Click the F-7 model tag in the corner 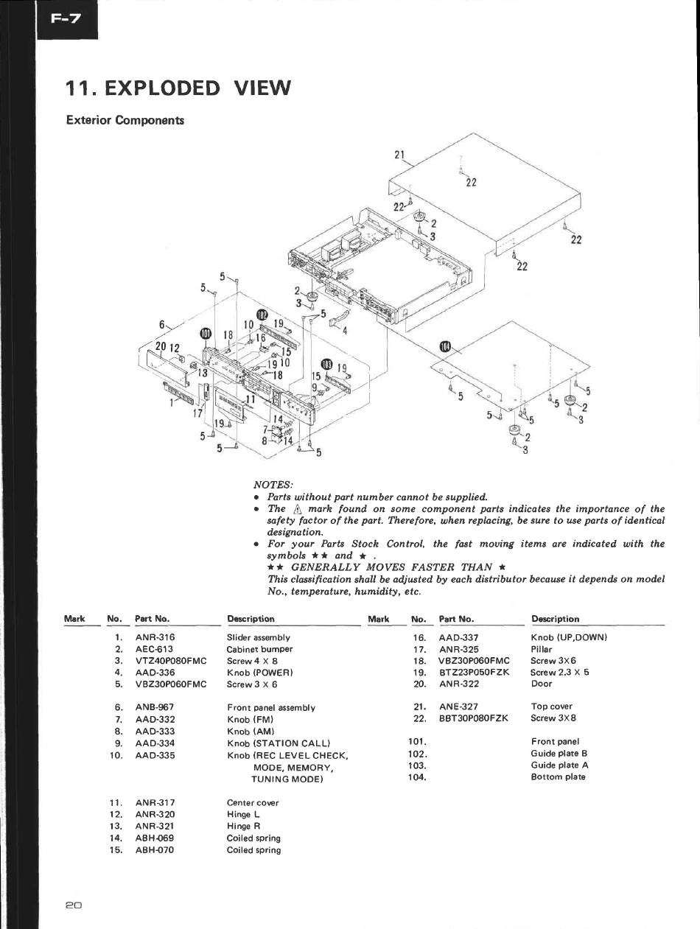point(66,19)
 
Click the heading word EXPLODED point(163,88)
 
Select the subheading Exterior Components point(125,120)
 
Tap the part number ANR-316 point(155,637)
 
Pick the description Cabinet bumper point(259,649)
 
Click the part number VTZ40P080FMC point(171,661)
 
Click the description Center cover point(253,802)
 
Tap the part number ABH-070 point(155,850)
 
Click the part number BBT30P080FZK point(473,718)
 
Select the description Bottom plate point(558,777)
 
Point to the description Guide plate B point(559,754)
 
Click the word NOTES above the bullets point(273,485)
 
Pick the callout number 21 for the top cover point(400,155)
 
